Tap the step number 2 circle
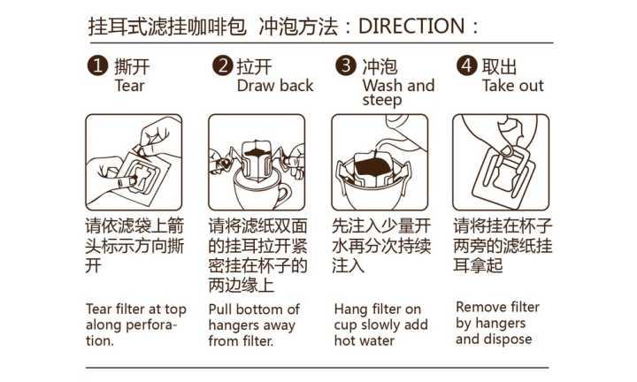[x=223, y=66]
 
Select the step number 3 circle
[x=347, y=66]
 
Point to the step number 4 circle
[x=467, y=66]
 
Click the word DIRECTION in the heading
[x=411, y=26]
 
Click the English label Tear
[x=129, y=86]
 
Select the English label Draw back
[x=275, y=86]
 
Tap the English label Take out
[x=512, y=86]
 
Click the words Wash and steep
[x=397, y=93]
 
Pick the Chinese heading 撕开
[x=130, y=67]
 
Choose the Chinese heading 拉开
[x=254, y=67]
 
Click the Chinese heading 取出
[x=499, y=67]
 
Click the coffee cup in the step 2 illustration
[x=256, y=191]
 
